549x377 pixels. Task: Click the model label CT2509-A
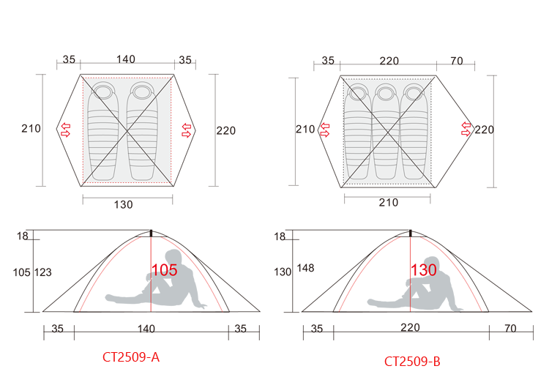[131, 357]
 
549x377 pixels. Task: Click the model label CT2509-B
[412, 361]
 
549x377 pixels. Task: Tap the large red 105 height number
[164, 270]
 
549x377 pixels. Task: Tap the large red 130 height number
[424, 270]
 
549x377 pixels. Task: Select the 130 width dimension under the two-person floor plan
[123, 204]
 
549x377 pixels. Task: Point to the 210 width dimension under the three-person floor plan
[388, 202]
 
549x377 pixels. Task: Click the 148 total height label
[305, 268]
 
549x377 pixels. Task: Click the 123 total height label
[43, 272]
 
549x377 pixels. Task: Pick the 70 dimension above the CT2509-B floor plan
[457, 61]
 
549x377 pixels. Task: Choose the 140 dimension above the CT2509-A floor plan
[126, 59]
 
